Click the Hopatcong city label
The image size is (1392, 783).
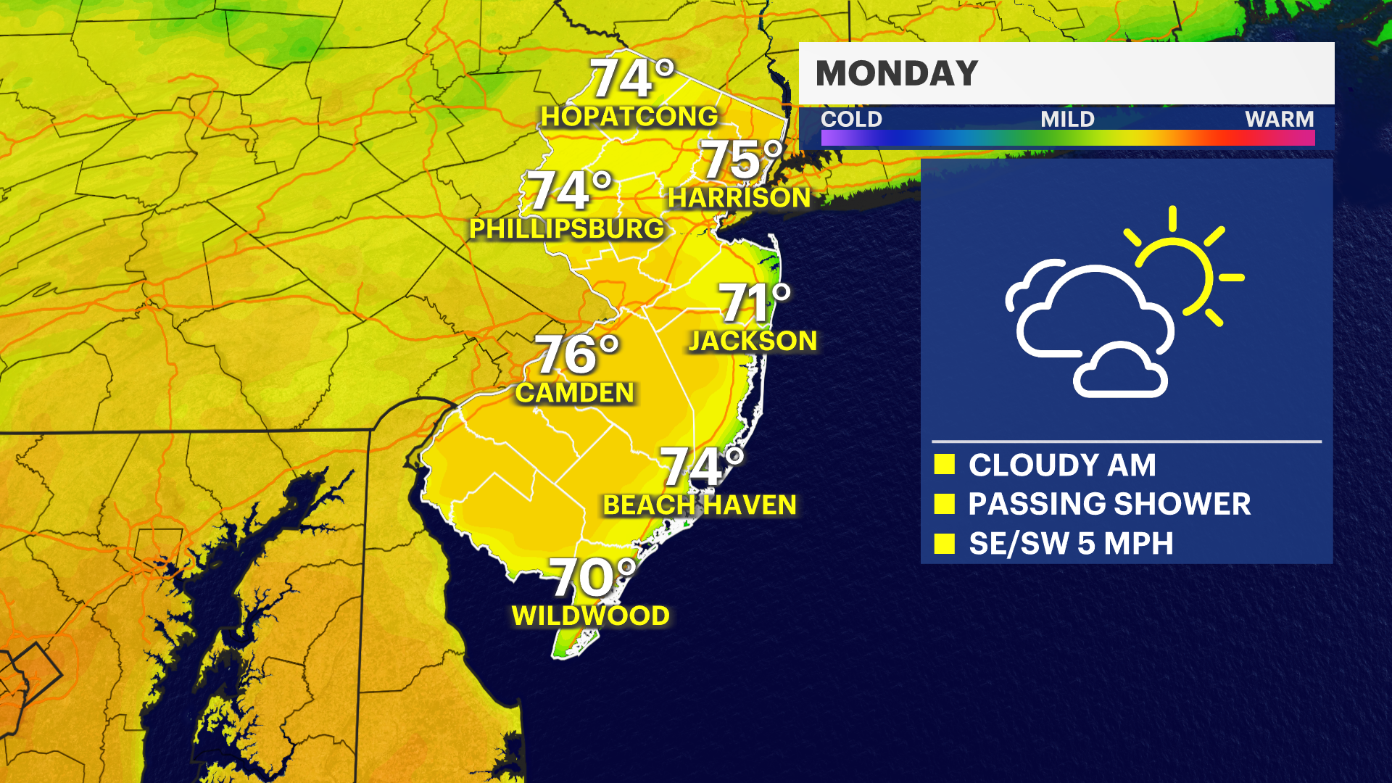click(x=629, y=117)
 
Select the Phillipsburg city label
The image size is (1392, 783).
click(x=566, y=229)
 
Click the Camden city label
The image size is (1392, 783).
click(x=575, y=393)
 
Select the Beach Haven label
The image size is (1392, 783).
click(x=700, y=505)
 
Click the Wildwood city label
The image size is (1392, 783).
click(x=590, y=616)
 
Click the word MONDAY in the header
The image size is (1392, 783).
click(x=897, y=73)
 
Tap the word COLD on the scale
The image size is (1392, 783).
click(x=851, y=119)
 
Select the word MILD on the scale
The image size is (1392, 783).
click(x=1067, y=119)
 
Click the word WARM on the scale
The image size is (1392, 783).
click(x=1279, y=119)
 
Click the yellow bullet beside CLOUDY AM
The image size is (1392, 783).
click(x=944, y=465)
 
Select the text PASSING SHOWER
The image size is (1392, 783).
click(x=1109, y=504)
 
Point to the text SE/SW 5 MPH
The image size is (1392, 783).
click(x=1071, y=544)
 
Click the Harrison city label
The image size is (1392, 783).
click(x=739, y=198)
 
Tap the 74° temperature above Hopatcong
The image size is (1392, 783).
click(x=631, y=78)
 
